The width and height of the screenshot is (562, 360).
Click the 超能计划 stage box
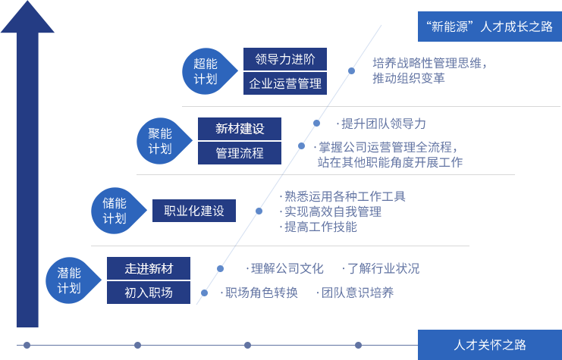click(x=205, y=71)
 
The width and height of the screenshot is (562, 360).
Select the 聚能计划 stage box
click(x=159, y=141)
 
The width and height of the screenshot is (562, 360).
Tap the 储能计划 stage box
click(x=114, y=211)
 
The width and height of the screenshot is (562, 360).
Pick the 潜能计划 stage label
click(x=69, y=280)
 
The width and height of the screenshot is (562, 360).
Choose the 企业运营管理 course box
click(x=285, y=83)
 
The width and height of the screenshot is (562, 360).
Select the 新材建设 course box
click(x=240, y=129)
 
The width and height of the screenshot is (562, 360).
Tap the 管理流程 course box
click(x=240, y=153)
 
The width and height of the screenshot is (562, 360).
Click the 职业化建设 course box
click(x=194, y=211)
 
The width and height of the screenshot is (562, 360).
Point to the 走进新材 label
click(x=149, y=268)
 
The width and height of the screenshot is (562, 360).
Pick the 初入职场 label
click(x=149, y=293)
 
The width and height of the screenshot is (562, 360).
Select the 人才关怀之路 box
click(x=489, y=344)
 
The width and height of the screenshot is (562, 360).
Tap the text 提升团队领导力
click(x=383, y=124)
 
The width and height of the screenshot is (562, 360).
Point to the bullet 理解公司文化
click(x=285, y=268)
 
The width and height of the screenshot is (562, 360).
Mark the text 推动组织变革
click(x=408, y=78)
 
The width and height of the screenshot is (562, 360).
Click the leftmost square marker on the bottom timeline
click(x=27, y=345)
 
